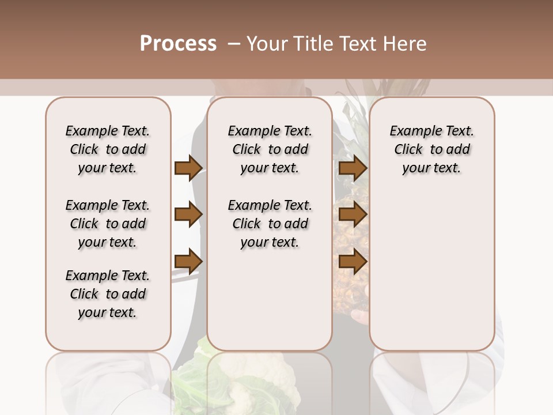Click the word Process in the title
point(178,44)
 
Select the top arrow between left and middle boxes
point(188,168)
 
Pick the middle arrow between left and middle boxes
point(188,214)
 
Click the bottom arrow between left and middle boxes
point(188,261)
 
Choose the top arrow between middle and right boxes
point(353,168)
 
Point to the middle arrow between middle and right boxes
point(353,214)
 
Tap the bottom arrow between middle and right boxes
point(353,261)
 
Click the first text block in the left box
point(108,149)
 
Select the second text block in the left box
point(108,224)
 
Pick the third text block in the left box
point(108,294)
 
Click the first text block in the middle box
point(270,149)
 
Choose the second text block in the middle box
point(270,224)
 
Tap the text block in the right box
point(432,149)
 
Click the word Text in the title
point(358,44)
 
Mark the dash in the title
point(234,44)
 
